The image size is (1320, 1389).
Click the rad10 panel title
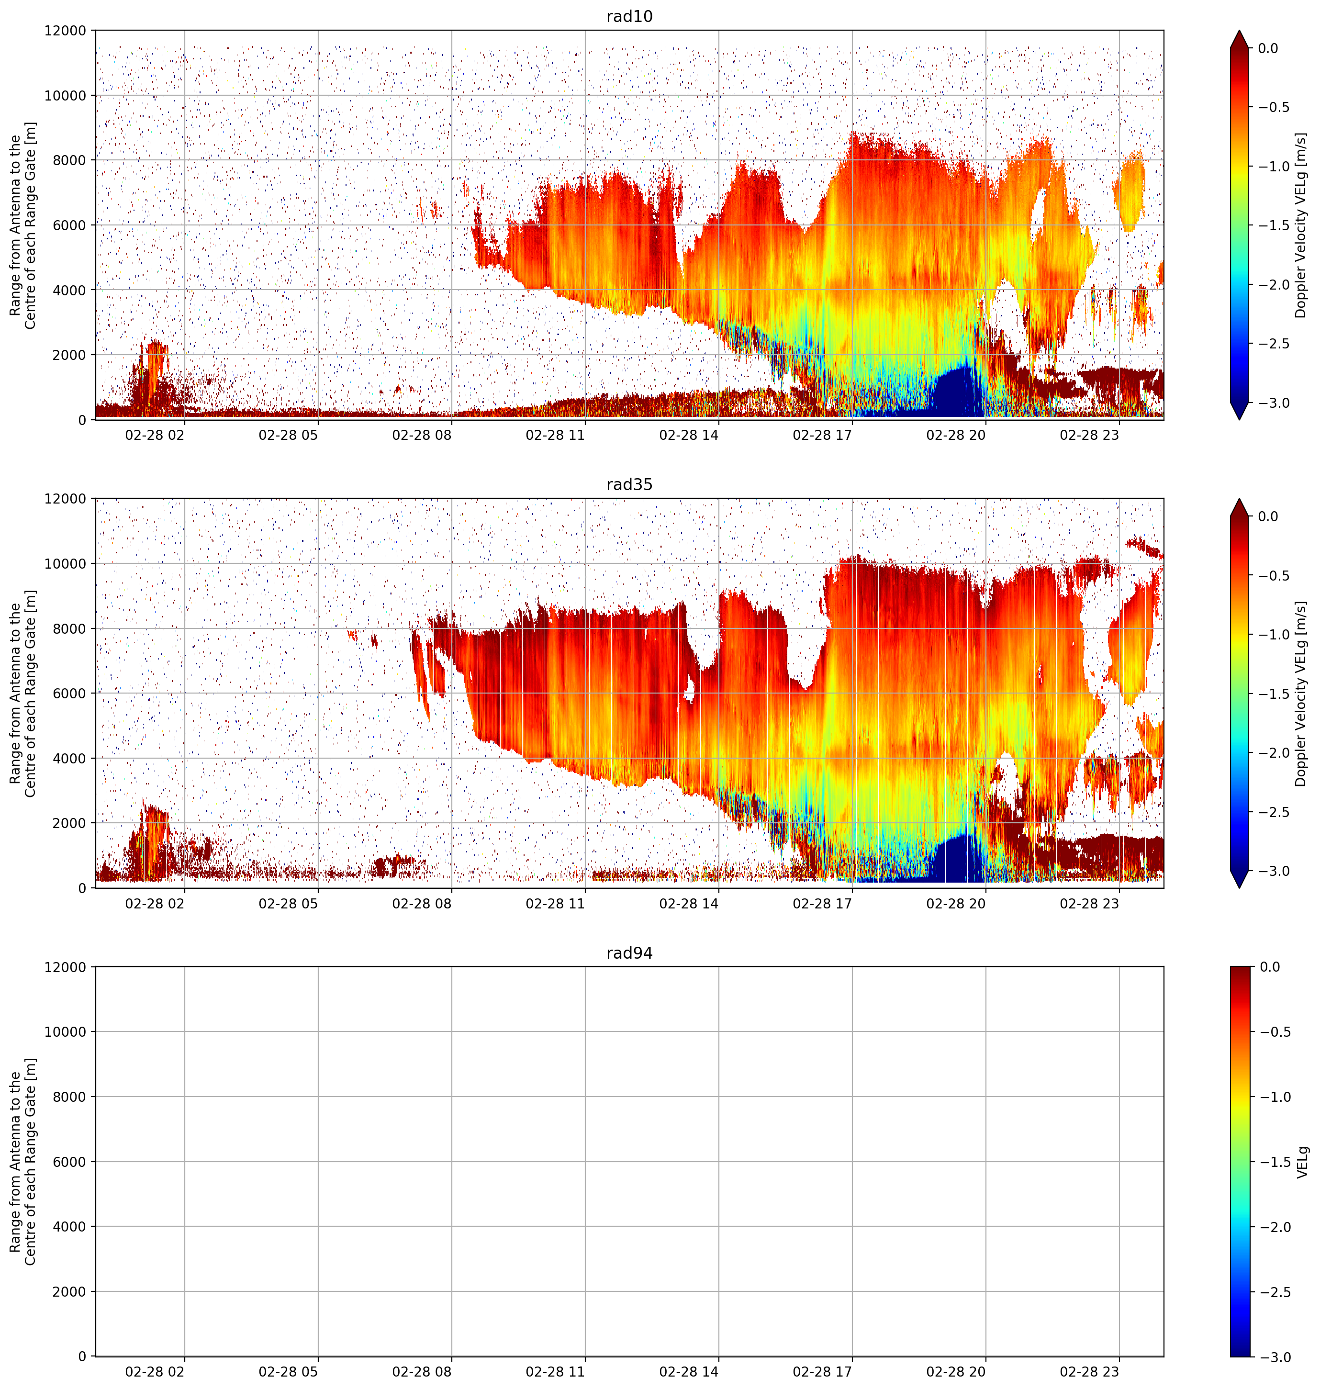tap(629, 16)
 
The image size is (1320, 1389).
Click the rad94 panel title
tap(629, 953)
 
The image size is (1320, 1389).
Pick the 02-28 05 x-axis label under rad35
tap(289, 903)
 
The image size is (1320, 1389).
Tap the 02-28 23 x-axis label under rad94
tap(1089, 1371)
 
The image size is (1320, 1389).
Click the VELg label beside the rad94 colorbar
tap(1302, 1162)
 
